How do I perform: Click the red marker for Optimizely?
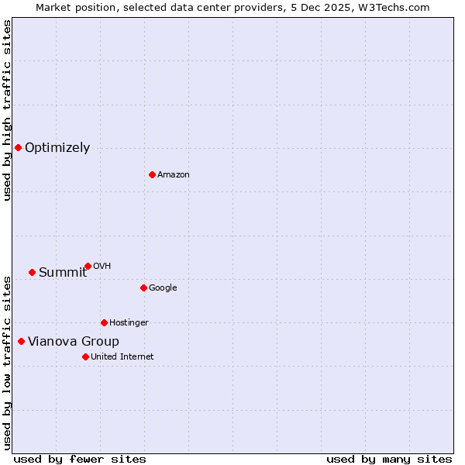18,147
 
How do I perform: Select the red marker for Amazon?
152,174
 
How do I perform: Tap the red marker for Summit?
32,272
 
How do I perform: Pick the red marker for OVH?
88,266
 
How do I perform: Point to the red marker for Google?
143,288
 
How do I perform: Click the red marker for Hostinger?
104,322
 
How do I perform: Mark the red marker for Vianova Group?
21,341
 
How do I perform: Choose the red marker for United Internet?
85,356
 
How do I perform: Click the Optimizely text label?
57,148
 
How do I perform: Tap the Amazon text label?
173,175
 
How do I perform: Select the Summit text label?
63,272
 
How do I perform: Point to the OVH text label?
102,267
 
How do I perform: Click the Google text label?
163,288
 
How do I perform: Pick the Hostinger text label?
129,323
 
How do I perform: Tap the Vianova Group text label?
74,342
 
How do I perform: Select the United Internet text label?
122,357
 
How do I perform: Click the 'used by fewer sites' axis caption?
80,459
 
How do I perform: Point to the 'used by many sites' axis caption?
389,459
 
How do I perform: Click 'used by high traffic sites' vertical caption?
7,110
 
